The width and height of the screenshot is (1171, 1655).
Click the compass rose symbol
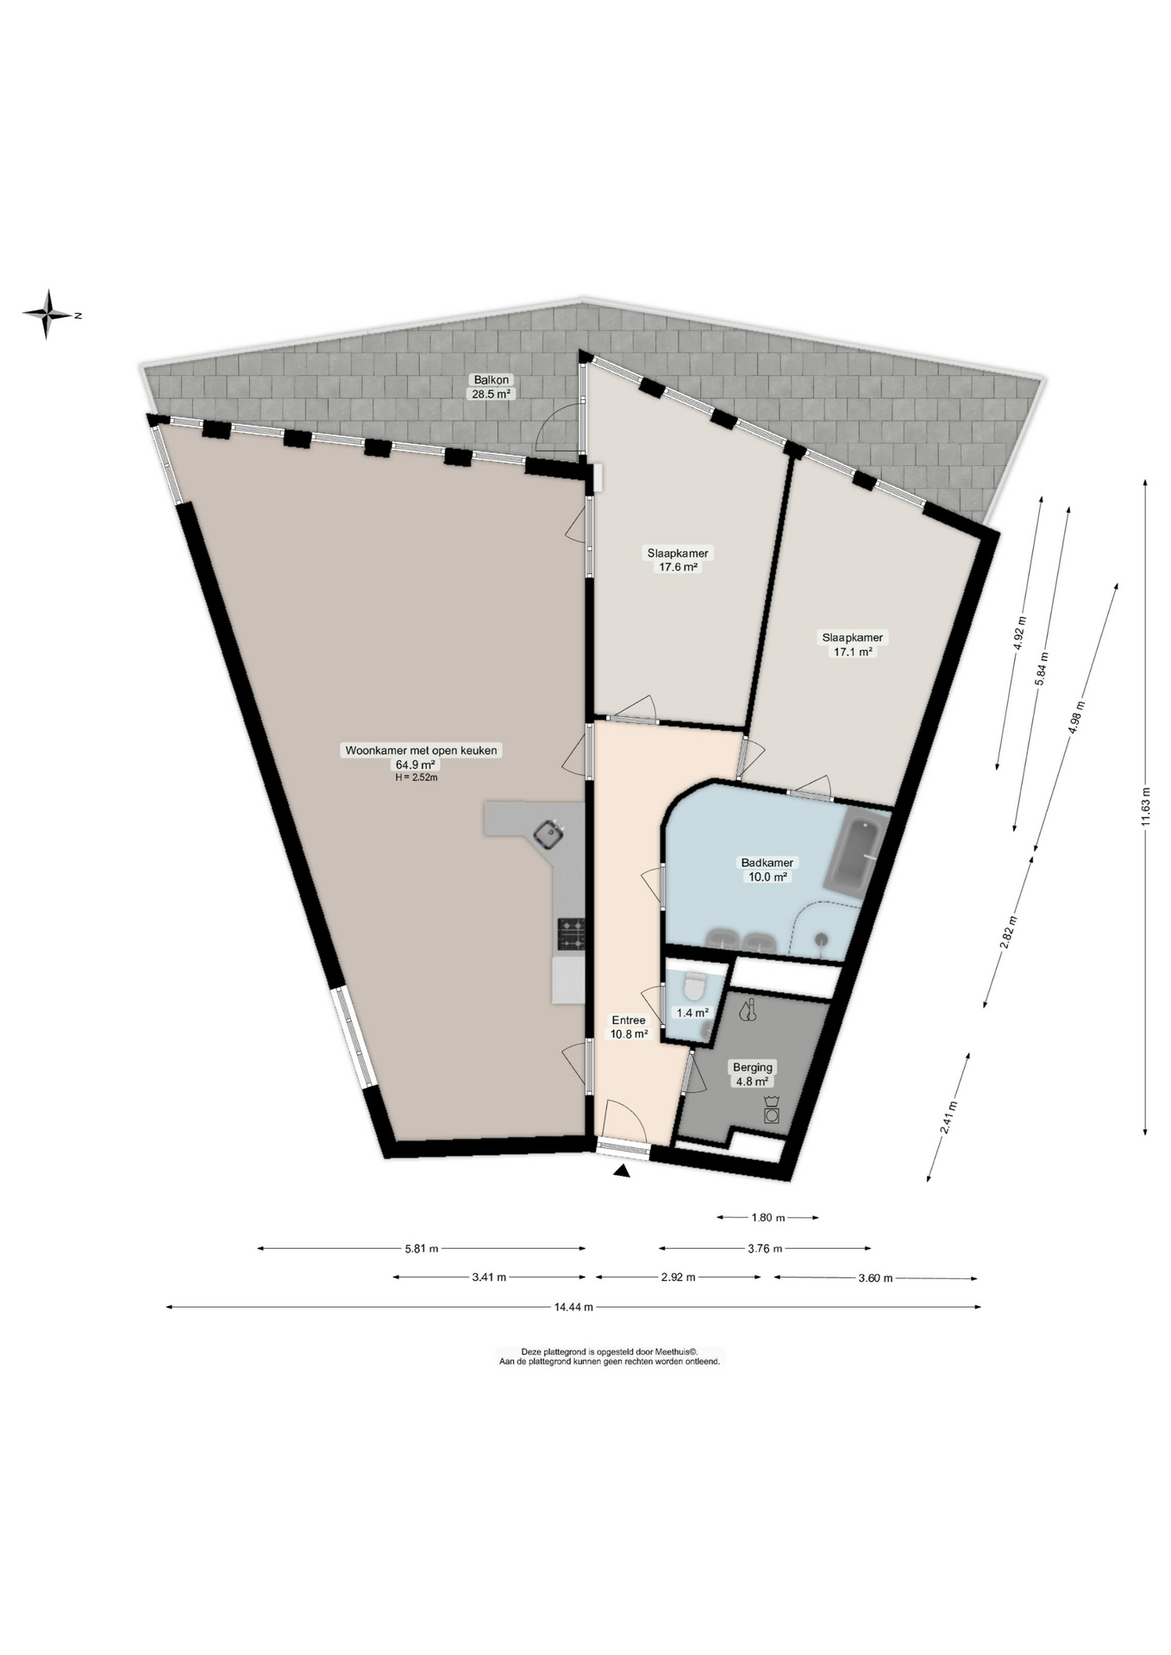(48, 314)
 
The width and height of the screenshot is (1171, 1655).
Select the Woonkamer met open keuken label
(421, 757)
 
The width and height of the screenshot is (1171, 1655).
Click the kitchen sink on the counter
(548, 834)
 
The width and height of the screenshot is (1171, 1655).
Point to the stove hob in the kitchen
(571, 934)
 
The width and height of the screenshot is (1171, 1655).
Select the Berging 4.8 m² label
(752, 1074)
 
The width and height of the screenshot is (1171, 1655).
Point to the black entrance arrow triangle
(622, 1171)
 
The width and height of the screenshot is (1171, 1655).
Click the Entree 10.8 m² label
(629, 1027)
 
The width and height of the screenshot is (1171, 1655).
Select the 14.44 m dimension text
(573, 1307)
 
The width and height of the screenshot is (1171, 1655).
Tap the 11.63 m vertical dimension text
(1145, 807)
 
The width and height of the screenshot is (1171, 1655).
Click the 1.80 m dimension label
(767, 1217)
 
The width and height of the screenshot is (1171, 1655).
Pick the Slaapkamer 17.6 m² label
(678, 559)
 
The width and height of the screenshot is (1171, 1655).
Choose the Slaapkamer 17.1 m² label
(852, 644)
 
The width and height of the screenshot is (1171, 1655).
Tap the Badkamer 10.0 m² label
(767, 869)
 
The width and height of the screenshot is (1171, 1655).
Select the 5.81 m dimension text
(422, 1247)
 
